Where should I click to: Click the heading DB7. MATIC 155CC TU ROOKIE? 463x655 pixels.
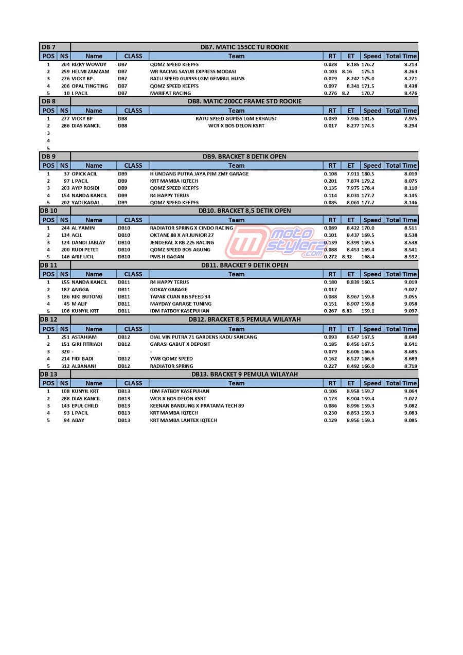click(x=244, y=47)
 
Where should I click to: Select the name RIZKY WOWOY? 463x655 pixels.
click(x=89, y=64)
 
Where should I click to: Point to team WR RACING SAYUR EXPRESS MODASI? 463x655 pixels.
click(x=193, y=72)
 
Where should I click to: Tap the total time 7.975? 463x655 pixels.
click(x=411, y=118)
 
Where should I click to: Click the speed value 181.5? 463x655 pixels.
click(x=368, y=118)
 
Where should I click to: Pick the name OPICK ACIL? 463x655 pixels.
click(x=84, y=174)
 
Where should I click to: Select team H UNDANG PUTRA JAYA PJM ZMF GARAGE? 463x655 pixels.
click(x=199, y=174)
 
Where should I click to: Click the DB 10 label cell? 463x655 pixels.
click(x=49, y=211)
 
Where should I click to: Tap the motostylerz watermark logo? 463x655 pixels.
click(x=275, y=242)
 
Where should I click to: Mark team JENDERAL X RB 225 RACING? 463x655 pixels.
click(x=182, y=242)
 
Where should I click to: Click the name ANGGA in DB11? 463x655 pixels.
click(x=80, y=290)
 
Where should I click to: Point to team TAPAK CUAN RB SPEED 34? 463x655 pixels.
click(x=180, y=297)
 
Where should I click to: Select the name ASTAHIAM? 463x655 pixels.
click(x=84, y=337)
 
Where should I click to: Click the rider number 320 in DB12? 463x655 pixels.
click(x=65, y=352)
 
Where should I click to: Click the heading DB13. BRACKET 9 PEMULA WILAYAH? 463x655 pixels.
click(x=244, y=374)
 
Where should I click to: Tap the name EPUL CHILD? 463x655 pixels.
click(x=85, y=406)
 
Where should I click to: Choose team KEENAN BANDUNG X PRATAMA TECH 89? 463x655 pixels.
click(x=197, y=406)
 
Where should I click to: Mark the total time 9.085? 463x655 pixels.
click(x=411, y=420)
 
